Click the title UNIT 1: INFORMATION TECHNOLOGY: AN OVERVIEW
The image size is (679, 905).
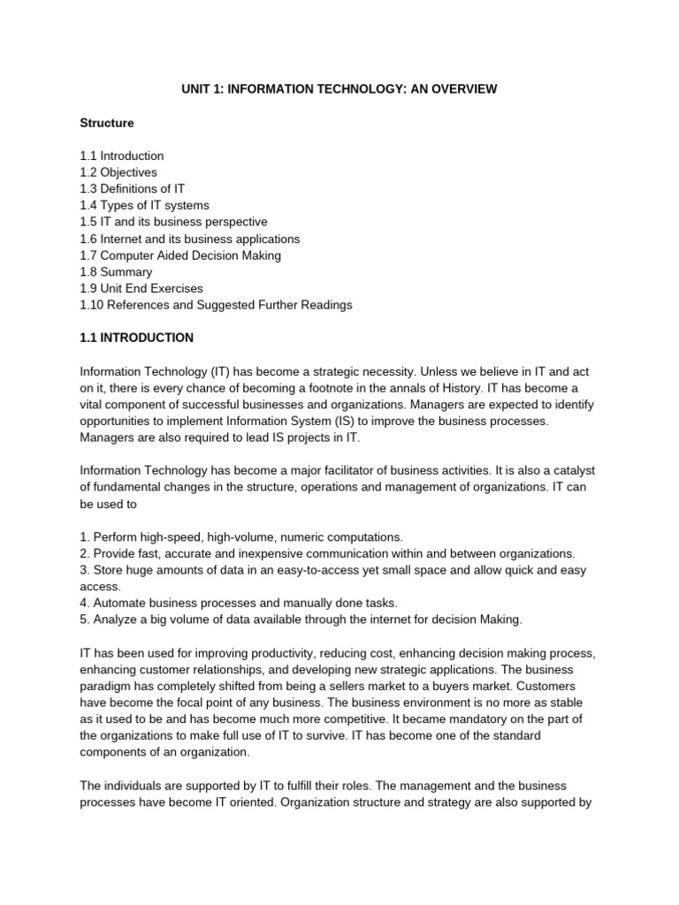pos(339,89)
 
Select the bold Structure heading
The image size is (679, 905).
pos(107,123)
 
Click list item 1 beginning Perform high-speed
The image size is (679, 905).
pos(240,537)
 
